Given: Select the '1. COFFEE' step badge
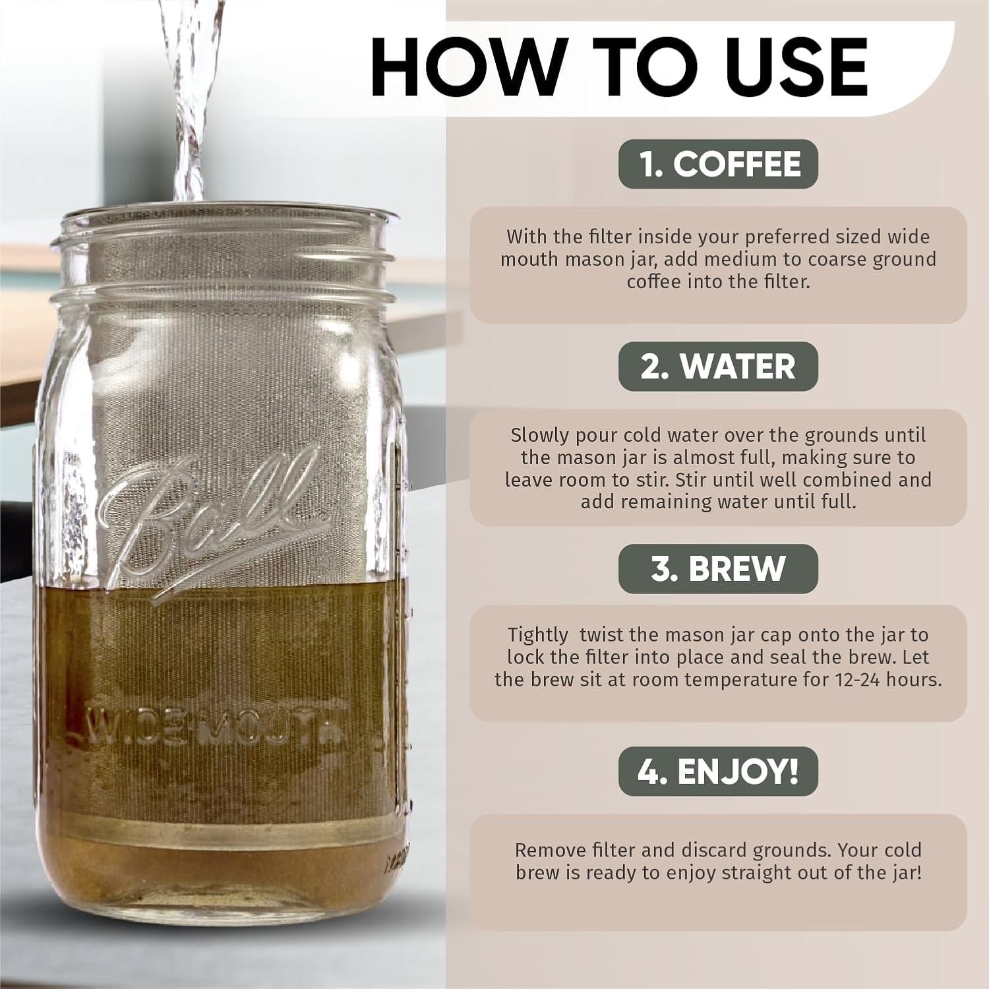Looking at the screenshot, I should [718, 164].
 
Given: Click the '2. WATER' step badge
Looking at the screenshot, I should [718, 366].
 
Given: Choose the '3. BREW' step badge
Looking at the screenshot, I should [718, 568].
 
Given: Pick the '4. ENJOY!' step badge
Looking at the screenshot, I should [718, 771].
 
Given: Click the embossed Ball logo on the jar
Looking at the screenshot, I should [211, 521].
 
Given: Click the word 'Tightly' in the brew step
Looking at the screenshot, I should [537, 635].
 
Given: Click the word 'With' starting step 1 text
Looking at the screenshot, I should [526, 237].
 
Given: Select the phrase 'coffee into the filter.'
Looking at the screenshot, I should [718, 282].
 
